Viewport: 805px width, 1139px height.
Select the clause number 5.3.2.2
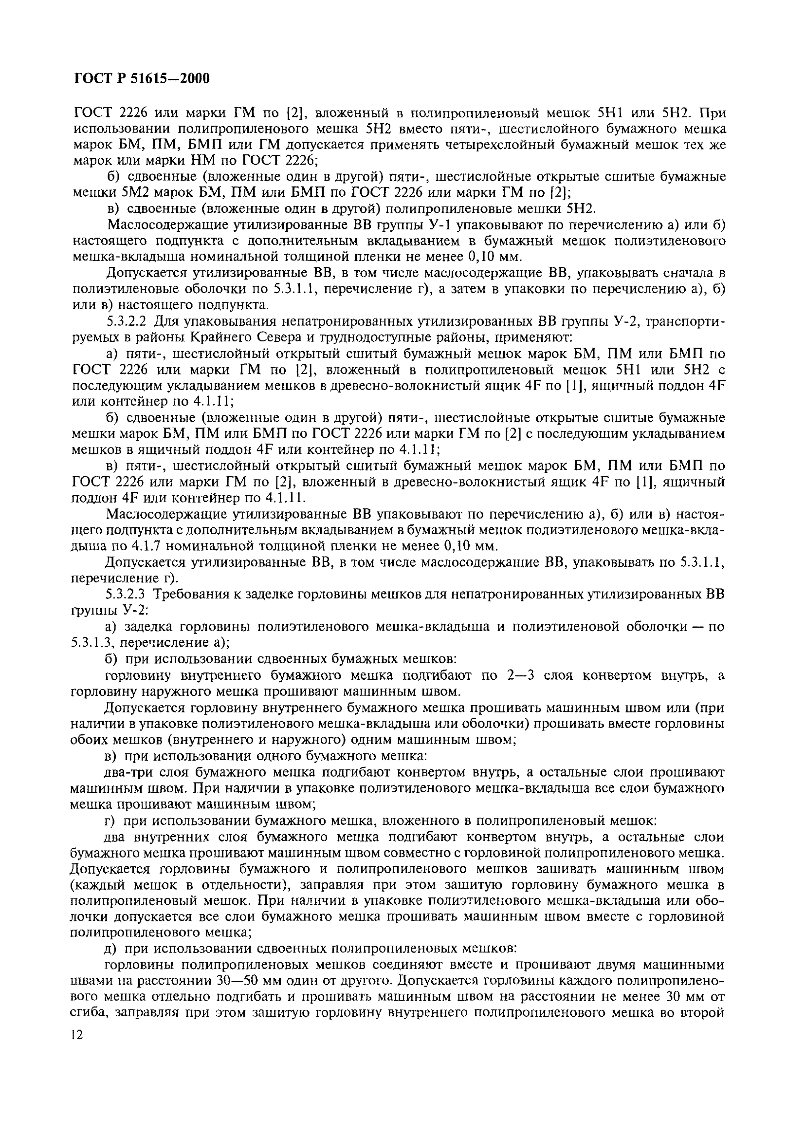(130, 322)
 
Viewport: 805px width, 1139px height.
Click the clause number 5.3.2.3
(130, 594)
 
